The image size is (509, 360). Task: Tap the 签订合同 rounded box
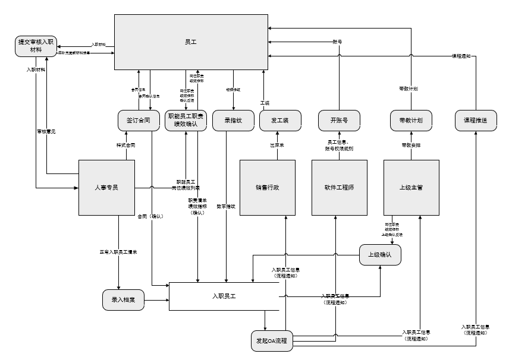click(138, 120)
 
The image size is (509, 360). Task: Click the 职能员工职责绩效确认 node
click(186, 120)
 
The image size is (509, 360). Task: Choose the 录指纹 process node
click(232, 120)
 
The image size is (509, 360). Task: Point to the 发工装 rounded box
click(279, 120)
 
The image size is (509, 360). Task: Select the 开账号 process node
click(339, 120)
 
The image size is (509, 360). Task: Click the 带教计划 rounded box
click(411, 120)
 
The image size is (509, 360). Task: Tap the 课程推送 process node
click(476, 120)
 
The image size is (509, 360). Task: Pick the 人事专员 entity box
click(107, 187)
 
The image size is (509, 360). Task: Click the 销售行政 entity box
click(268, 187)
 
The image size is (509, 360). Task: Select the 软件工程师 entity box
click(339, 187)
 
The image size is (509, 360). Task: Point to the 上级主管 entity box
click(411, 187)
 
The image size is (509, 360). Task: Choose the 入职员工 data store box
click(224, 296)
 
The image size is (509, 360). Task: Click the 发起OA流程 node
click(271, 341)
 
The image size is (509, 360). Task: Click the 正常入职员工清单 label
click(118, 252)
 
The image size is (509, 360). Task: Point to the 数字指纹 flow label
click(226, 206)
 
